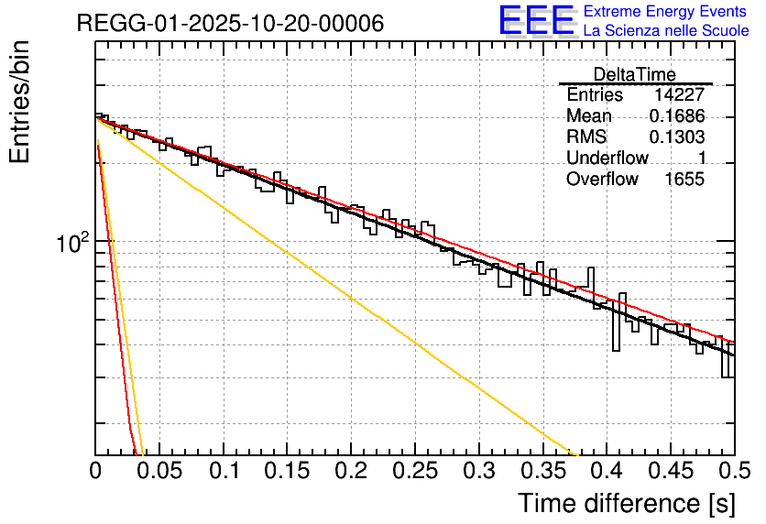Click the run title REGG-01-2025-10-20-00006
[230, 23]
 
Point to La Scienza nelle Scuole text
[666, 31]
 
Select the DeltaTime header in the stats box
[635, 74]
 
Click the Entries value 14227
[679, 95]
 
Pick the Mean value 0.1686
[676, 116]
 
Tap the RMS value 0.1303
[676, 137]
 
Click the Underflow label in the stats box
[607, 158]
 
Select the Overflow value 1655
[684, 180]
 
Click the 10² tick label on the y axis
[72, 243]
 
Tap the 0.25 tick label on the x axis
[415, 473]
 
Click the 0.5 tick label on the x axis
[734, 473]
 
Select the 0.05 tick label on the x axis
[159, 473]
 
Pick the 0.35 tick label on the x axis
[542, 473]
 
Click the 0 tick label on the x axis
[95, 473]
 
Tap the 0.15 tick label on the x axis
[287, 473]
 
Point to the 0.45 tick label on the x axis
[670, 473]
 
